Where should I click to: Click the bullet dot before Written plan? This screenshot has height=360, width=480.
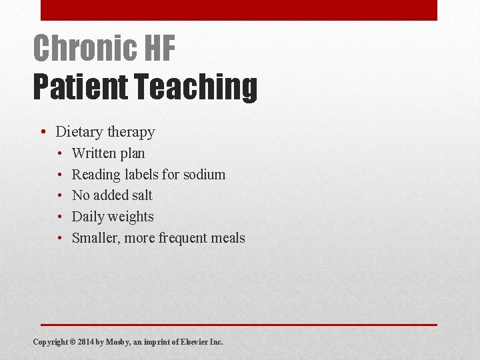59,153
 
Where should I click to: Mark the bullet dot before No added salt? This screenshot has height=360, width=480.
59,195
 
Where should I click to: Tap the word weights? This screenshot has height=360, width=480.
130,217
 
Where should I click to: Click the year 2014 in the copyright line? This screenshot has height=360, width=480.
86,342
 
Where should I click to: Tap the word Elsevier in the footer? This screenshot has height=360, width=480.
193,342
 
